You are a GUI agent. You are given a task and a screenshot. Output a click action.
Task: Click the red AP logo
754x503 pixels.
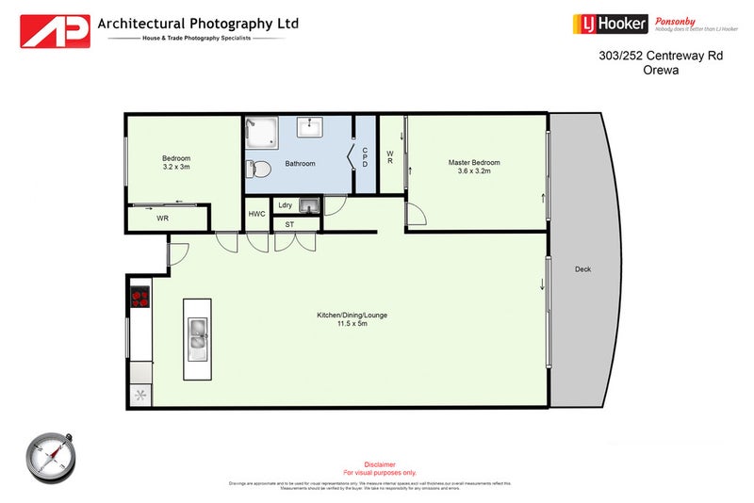(x=56, y=31)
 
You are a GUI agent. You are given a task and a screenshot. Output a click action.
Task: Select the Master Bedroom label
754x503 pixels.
(x=474, y=162)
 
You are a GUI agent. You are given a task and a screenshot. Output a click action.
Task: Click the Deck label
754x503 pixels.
(x=582, y=269)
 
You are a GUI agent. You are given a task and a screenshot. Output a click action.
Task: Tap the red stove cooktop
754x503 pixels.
(x=140, y=297)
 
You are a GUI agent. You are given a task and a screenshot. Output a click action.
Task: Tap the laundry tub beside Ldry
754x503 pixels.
(x=309, y=205)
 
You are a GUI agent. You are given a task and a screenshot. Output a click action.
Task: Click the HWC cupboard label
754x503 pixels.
(x=257, y=215)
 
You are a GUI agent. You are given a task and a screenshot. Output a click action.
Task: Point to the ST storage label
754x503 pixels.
(x=289, y=225)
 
